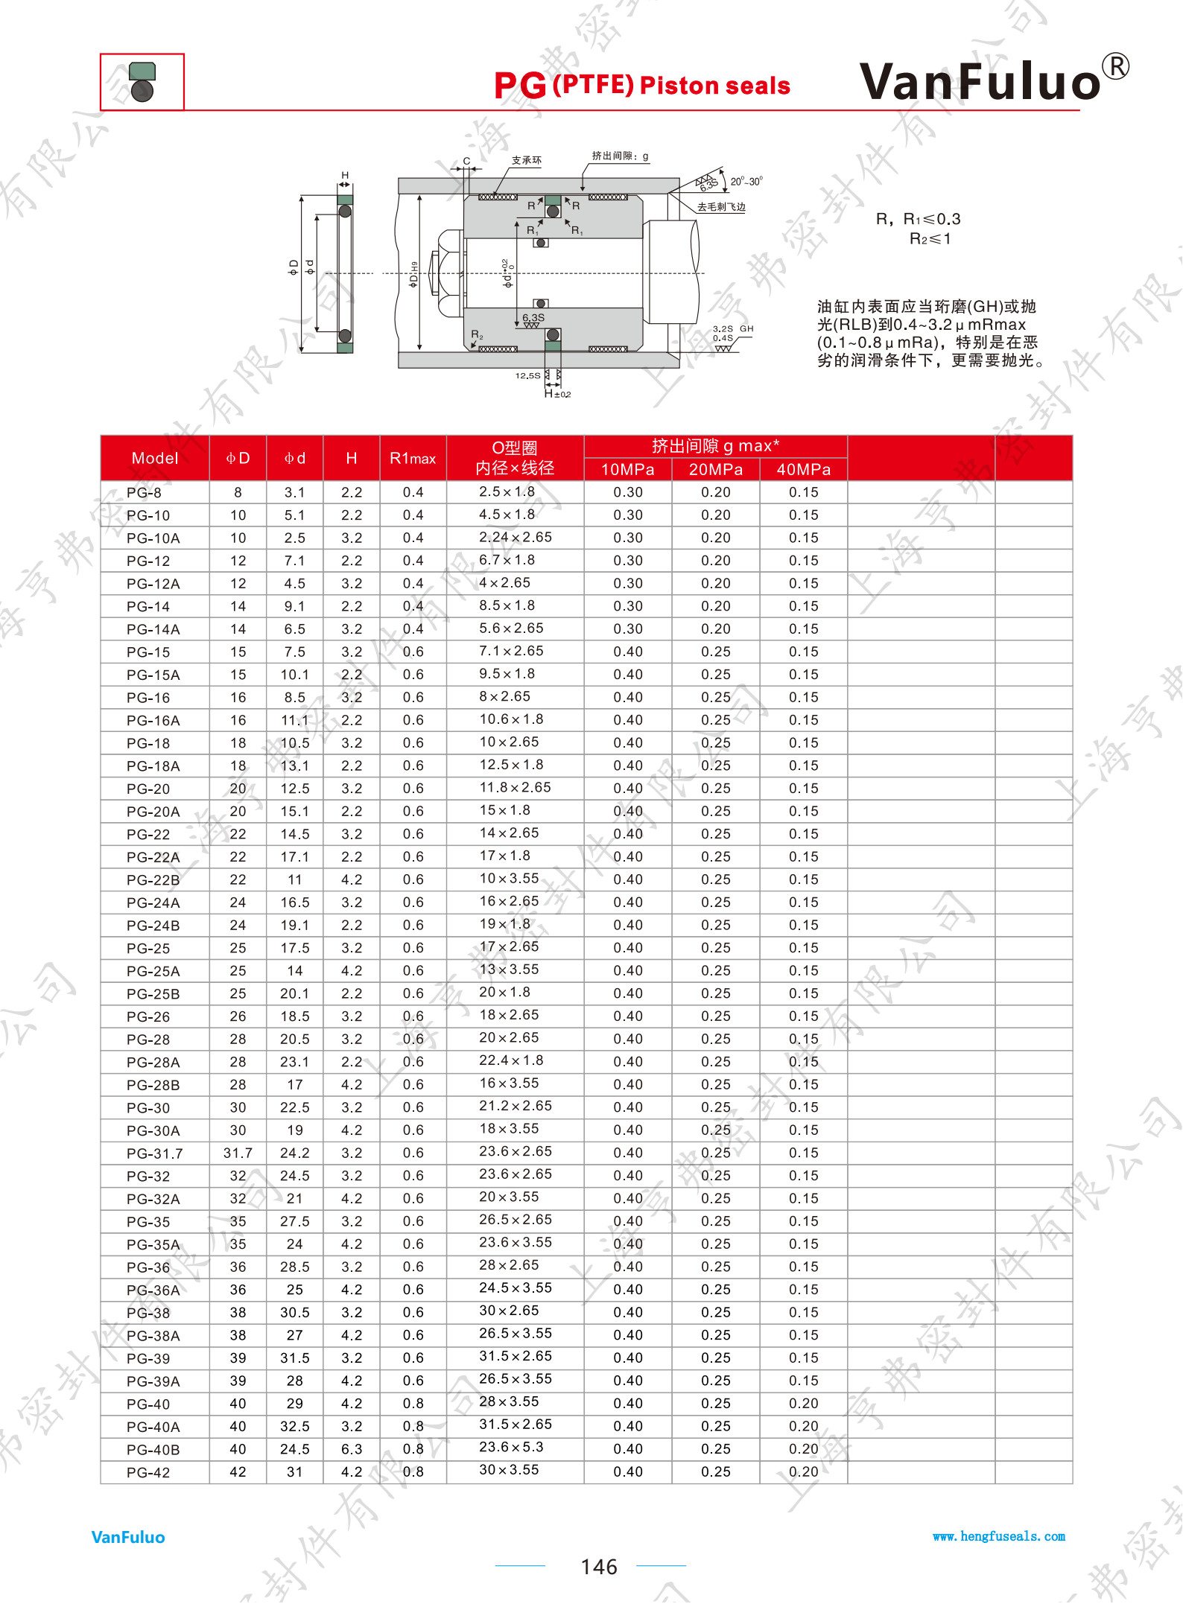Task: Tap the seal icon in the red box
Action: click(142, 81)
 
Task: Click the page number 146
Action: click(599, 1567)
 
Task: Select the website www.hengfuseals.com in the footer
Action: click(999, 1536)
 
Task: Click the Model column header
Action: click(155, 458)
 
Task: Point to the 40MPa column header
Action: click(803, 469)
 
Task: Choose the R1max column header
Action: click(413, 458)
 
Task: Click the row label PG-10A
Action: click(153, 538)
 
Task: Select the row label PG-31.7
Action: click(155, 1153)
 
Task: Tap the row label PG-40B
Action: click(153, 1450)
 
